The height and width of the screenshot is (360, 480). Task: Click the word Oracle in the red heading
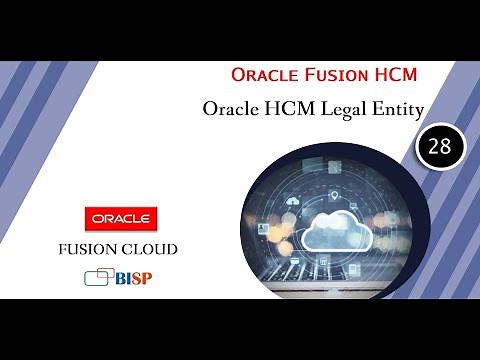coord(259,75)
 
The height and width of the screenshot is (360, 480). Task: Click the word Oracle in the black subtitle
coord(233,107)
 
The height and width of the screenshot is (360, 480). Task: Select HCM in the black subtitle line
coord(287,107)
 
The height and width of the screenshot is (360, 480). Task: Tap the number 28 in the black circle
coord(439,146)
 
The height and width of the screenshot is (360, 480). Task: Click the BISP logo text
coord(133,277)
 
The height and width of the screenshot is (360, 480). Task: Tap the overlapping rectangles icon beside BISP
coord(99,277)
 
